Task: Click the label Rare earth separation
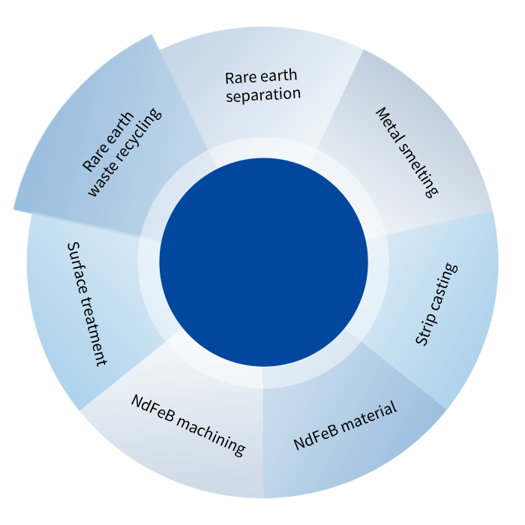tap(262, 85)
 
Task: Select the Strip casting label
tap(436, 304)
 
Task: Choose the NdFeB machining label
tap(188, 424)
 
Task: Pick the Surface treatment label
tap(87, 303)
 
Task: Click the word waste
tap(100, 183)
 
